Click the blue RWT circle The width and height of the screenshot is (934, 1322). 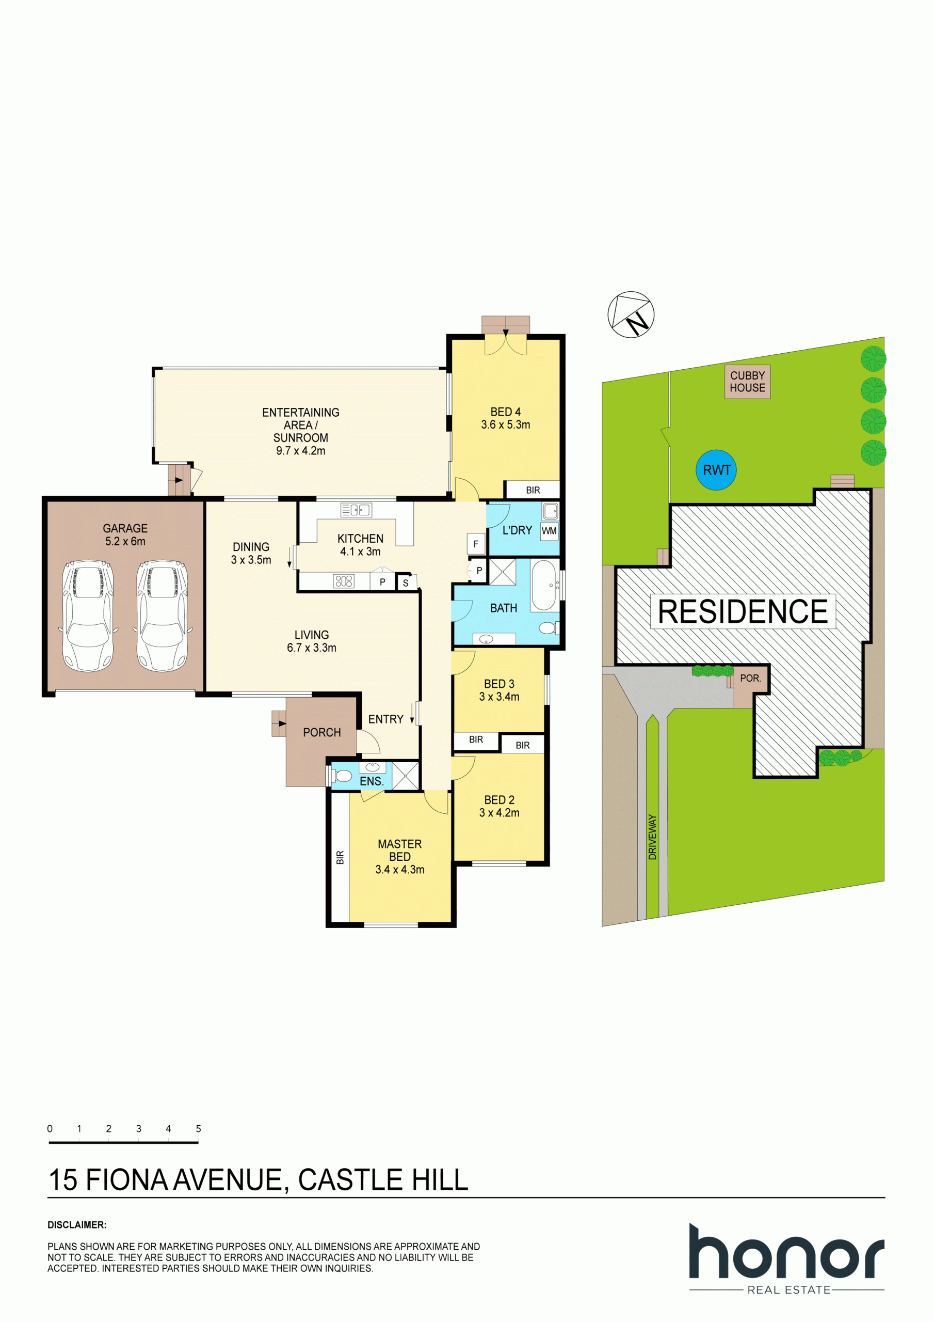point(716,470)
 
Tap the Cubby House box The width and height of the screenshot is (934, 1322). point(747,381)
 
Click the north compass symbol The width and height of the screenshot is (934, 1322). point(631,314)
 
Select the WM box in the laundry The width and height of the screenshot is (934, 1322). point(549,531)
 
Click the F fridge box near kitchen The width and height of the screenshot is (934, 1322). point(475,544)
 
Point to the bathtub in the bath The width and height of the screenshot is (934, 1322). point(543,585)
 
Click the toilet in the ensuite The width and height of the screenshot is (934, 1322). point(343,776)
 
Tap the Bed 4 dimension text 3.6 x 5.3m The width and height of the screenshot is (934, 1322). point(505,424)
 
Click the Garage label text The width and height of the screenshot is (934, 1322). point(125,528)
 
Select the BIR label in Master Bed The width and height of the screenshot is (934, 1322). point(340,857)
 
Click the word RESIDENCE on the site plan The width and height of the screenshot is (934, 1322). point(743,611)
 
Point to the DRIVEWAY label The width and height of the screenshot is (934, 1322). point(652,837)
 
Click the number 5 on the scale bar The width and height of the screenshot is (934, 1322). point(199,1128)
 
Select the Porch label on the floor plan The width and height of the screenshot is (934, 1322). point(321,732)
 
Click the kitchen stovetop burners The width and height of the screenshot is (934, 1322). point(344,581)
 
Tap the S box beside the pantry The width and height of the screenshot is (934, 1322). point(405,583)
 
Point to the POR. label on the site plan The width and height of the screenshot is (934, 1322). point(750,678)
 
